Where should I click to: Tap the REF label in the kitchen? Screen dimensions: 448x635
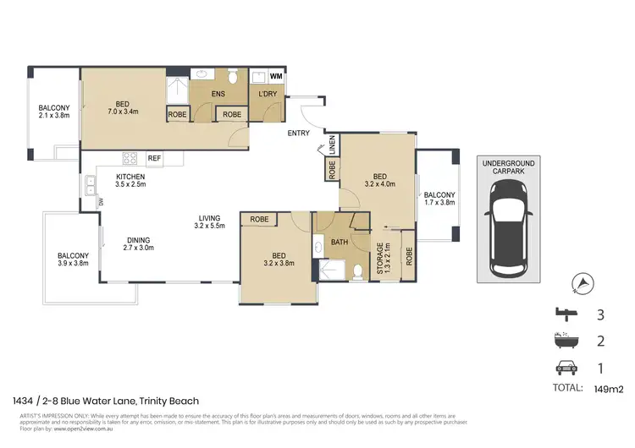click(154, 158)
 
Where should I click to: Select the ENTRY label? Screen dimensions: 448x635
click(298, 134)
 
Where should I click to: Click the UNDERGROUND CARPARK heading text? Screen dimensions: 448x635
click(506, 167)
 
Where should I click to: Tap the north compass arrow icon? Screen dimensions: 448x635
click(581, 283)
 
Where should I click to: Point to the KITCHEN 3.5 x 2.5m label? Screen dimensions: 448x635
click(131, 181)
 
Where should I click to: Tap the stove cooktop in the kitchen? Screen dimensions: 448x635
click(131, 158)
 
